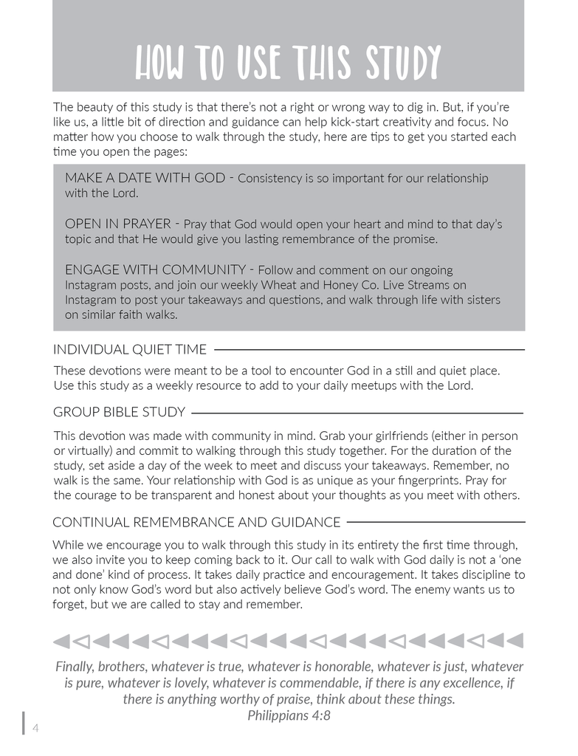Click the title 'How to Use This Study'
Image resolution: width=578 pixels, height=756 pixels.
tap(288, 63)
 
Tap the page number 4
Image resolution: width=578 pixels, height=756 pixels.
tap(35, 729)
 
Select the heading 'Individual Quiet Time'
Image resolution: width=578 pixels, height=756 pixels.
tap(130, 349)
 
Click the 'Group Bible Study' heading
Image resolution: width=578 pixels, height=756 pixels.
tap(119, 412)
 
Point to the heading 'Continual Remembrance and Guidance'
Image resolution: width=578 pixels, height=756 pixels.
tap(196, 523)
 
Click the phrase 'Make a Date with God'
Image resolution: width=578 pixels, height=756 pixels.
tap(145, 178)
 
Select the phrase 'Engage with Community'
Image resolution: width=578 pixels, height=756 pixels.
tap(155, 269)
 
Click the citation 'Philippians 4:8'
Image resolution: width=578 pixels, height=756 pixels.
tap(289, 715)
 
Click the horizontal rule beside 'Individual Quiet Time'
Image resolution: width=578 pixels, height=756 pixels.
tap(369, 349)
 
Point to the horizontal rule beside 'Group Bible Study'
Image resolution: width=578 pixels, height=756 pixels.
tap(357, 413)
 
